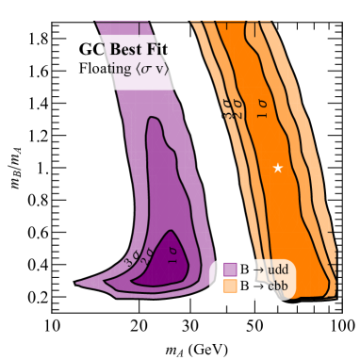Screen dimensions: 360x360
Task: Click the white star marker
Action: (x=278, y=168)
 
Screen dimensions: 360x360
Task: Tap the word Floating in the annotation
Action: (x=106, y=70)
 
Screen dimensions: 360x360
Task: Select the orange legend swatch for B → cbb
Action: (x=228, y=285)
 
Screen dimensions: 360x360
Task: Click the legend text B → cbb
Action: (x=267, y=285)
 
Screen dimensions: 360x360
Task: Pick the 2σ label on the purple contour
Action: (x=147, y=254)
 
